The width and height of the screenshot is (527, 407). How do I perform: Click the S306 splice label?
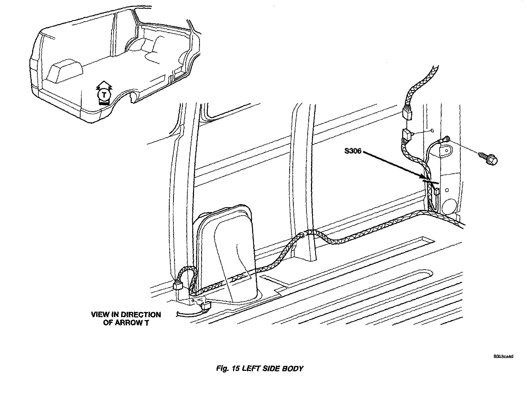click(x=353, y=151)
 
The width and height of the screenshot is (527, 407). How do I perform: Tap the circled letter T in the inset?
click(x=104, y=95)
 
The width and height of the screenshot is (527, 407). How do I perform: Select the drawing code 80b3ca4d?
click(x=503, y=356)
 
